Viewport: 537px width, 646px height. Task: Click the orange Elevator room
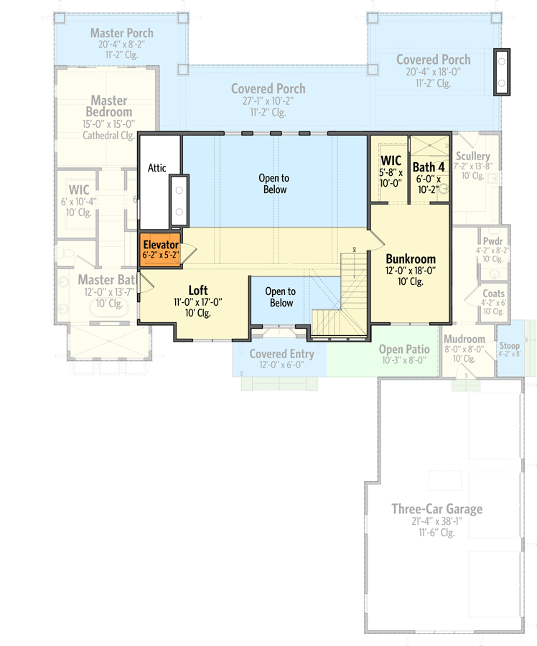[x=160, y=249]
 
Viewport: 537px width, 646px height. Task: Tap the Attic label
[x=157, y=168]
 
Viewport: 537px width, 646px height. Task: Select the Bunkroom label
[x=410, y=259]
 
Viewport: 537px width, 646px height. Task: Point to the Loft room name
[x=198, y=290]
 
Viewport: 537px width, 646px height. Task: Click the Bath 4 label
[x=429, y=167]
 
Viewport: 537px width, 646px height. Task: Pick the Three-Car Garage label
[x=436, y=509]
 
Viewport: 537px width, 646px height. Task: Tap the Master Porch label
[x=122, y=33]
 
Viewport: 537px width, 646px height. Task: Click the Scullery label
[x=472, y=156]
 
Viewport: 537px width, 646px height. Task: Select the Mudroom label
[x=464, y=340]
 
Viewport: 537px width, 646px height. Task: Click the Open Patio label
[x=404, y=349]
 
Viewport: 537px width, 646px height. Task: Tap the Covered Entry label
[x=281, y=354]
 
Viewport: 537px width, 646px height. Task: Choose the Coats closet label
[x=493, y=294]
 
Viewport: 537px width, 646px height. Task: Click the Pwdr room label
[x=492, y=241]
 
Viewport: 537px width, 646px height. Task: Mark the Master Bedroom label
[x=108, y=106]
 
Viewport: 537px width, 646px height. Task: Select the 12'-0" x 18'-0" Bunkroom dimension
[x=410, y=271]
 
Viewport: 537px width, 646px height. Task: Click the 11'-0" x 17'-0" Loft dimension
[x=198, y=302]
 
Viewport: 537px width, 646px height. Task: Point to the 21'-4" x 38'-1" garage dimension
[x=436, y=522]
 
